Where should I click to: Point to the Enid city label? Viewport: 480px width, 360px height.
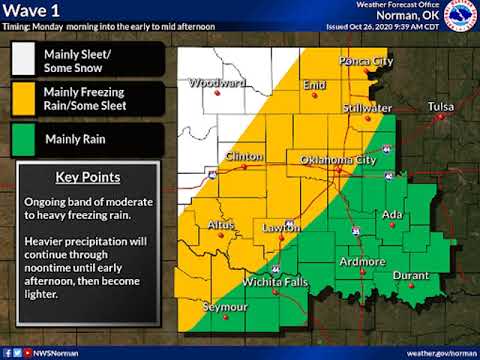click(x=314, y=86)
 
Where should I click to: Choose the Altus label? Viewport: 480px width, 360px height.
click(x=221, y=226)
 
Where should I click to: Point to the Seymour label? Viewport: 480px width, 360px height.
click(x=224, y=306)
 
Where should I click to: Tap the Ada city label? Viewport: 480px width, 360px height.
click(x=394, y=215)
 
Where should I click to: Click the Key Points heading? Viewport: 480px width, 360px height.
click(x=88, y=178)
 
